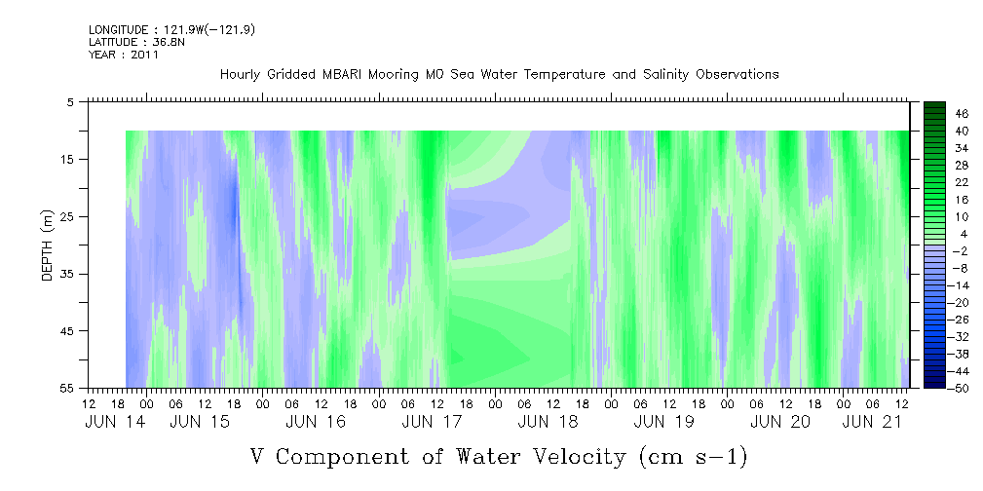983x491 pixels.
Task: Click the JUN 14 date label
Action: pos(115,422)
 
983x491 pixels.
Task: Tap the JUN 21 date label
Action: pos(872,422)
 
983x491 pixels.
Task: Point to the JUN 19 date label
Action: pos(663,422)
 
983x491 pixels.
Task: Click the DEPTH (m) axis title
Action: pos(48,245)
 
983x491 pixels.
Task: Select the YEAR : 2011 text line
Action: pos(124,55)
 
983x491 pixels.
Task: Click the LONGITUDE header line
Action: pos(171,30)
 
